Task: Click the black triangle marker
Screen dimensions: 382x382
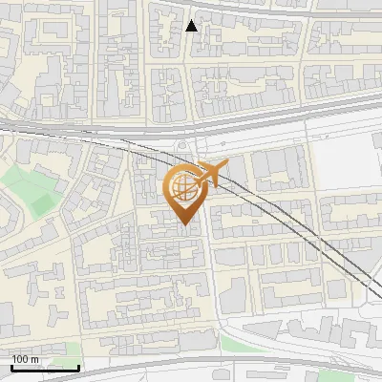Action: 192,26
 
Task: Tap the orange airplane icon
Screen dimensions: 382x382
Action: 209,174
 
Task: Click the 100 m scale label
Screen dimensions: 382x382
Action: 25,359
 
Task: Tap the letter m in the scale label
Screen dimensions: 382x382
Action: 34,359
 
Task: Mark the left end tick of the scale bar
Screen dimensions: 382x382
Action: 11,366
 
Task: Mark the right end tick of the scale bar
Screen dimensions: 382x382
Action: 78,366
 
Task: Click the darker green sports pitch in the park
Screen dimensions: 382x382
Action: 42,203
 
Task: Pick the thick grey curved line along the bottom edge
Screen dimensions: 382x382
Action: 191,365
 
